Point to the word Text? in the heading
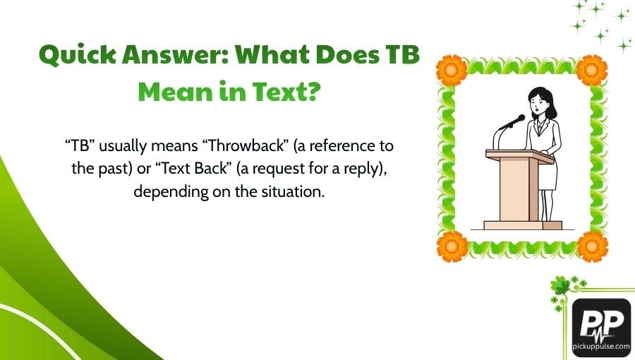[276, 92]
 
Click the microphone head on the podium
[521, 119]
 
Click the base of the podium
[523, 225]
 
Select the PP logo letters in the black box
[600, 324]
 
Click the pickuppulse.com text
[601, 348]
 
